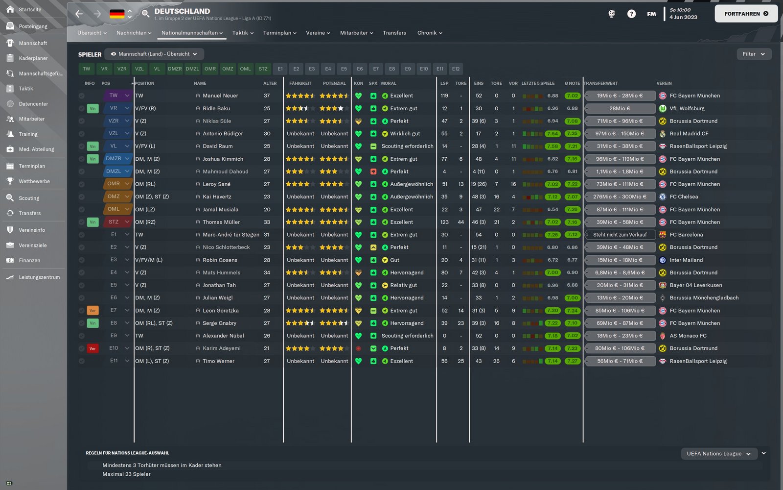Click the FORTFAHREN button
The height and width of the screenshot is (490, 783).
click(x=746, y=14)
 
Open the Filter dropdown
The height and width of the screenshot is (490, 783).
click(x=754, y=54)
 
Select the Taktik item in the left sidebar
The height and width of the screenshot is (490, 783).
click(x=26, y=89)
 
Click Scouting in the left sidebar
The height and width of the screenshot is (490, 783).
click(x=29, y=198)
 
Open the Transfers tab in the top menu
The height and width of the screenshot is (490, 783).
click(x=394, y=33)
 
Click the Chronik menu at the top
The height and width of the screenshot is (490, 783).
click(x=429, y=33)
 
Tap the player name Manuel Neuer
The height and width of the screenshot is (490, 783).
click(x=220, y=96)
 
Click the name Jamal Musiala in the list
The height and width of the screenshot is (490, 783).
click(x=220, y=209)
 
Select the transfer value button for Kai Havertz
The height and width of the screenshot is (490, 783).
click(x=620, y=196)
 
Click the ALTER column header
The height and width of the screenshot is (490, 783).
click(x=270, y=83)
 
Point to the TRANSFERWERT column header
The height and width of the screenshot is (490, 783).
click(x=601, y=83)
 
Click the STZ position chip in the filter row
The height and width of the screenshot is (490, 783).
click(x=263, y=69)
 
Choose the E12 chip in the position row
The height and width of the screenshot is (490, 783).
click(x=456, y=69)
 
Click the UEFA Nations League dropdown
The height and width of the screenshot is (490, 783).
click(x=718, y=454)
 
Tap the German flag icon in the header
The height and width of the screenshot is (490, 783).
click(x=117, y=14)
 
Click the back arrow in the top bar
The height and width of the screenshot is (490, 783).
click(x=79, y=14)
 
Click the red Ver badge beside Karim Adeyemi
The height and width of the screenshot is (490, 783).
click(x=92, y=348)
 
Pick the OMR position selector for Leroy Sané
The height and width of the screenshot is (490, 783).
click(x=117, y=184)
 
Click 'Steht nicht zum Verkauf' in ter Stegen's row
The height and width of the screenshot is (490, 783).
click(x=620, y=235)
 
